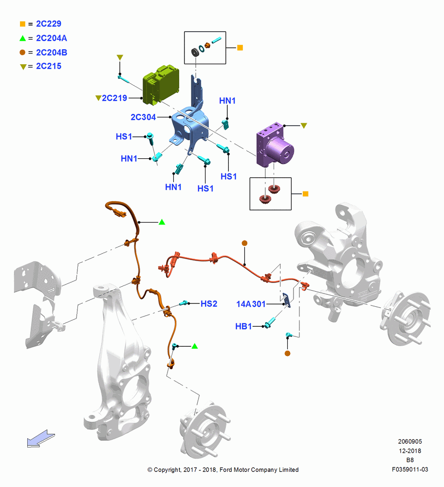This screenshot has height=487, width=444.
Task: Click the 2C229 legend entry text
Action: tap(48, 23)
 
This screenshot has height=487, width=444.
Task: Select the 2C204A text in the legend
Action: tap(52, 38)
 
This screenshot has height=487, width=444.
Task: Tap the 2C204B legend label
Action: tap(52, 53)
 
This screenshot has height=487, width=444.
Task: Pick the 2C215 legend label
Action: tap(48, 66)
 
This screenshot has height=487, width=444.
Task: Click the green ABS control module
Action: tap(161, 84)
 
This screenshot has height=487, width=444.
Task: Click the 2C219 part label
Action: tap(114, 98)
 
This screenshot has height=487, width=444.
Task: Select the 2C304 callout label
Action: tap(143, 117)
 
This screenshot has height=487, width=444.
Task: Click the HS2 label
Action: tap(209, 304)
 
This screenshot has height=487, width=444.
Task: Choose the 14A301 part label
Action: tap(251, 304)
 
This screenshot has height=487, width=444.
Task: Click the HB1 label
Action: tap(243, 326)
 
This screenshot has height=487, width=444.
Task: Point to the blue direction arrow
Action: tap(41, 439)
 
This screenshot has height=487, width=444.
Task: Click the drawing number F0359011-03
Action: tap(410, 469)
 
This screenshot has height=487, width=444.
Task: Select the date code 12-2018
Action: tap(410, 450)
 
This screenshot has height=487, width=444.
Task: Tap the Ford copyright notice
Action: tap(223, 470)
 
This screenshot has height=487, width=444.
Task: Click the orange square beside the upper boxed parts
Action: tap(240, 48)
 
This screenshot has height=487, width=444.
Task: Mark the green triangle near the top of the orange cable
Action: tap(162, 222)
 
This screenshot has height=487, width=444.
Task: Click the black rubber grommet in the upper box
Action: tap(195, 52)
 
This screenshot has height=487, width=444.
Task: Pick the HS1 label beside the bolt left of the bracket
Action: tap(124, 137)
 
